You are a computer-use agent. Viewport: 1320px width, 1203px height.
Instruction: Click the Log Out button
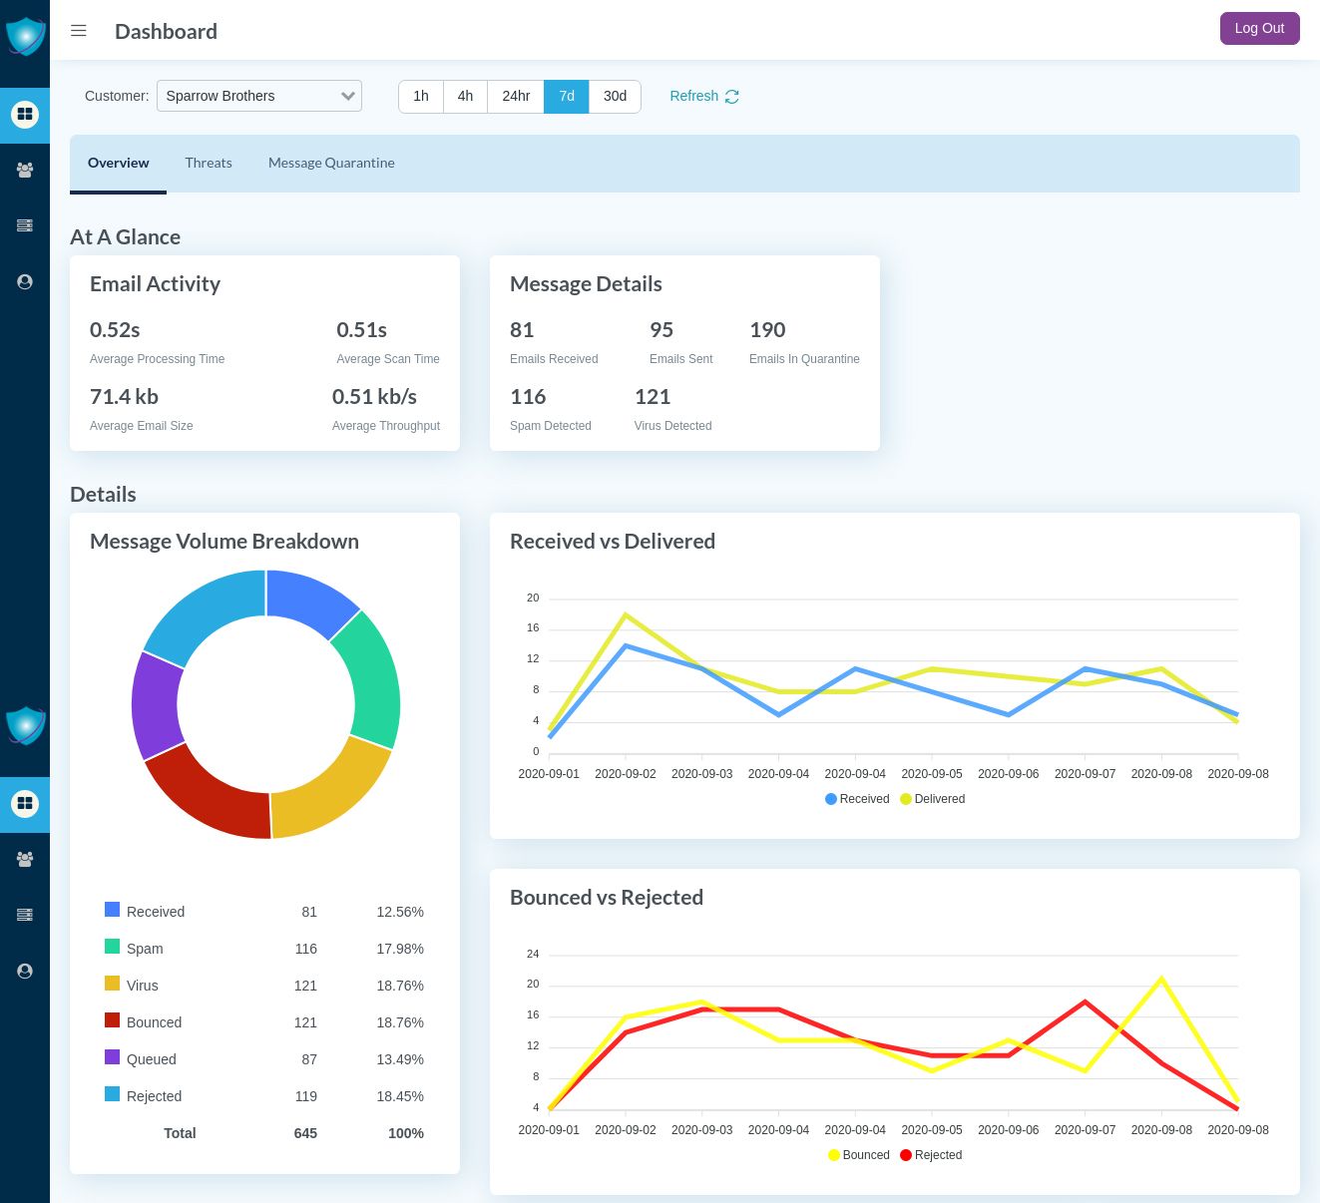1259,29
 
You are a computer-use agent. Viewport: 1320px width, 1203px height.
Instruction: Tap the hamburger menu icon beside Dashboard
79,31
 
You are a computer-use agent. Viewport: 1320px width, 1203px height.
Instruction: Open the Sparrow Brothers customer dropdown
259,96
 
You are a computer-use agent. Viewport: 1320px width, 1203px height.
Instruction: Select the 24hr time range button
516,96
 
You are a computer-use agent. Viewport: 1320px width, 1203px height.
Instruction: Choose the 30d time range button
615,96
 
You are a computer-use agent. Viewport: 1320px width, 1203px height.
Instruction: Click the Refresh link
703,96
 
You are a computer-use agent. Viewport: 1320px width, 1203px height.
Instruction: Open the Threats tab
209,163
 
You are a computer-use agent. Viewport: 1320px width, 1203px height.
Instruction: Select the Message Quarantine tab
331,163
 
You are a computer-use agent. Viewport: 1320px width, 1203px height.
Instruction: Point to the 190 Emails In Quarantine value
767,330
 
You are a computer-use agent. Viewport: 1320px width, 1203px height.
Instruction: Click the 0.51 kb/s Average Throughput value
374,397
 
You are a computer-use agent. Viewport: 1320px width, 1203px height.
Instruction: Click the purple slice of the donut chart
156,704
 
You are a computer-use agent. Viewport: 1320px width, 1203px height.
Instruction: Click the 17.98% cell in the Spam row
400,949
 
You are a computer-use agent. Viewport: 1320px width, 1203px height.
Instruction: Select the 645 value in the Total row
305,1133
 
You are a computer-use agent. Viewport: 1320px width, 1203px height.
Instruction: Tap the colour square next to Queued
113,1057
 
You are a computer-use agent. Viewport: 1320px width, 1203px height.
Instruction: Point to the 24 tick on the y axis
533,954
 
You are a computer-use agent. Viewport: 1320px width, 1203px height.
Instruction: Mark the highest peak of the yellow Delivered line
626,614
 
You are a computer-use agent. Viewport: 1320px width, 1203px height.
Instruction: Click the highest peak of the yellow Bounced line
1161,979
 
